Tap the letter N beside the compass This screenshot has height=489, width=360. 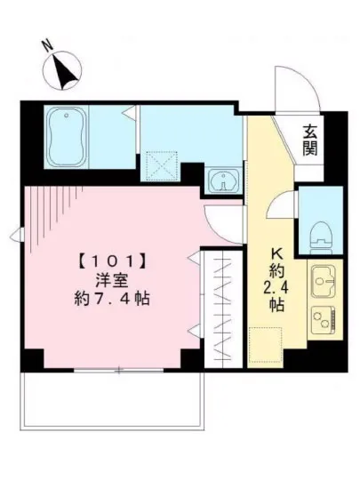tap(46, 42)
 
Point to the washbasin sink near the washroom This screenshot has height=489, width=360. tap(220, 180)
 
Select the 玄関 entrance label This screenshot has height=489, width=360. tap(310, 140)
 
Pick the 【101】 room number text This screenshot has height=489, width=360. tap(111, 262)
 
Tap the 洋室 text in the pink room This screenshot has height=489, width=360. tap(111, 281)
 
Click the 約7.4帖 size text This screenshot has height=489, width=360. tap(111, 300)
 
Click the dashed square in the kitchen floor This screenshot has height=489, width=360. tap(264, 344)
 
